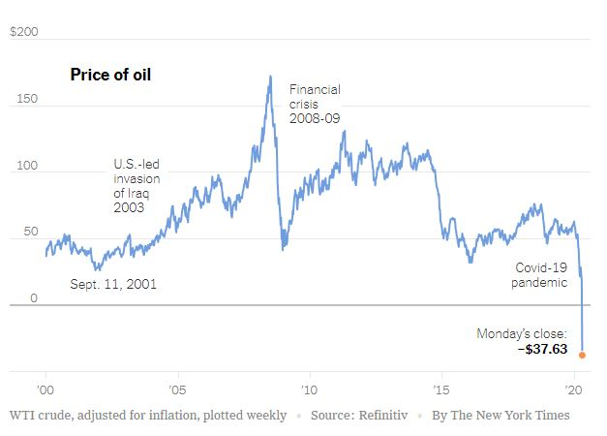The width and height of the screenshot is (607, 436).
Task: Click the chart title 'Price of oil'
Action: [110, 75]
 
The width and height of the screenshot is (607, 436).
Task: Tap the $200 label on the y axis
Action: [23, 32]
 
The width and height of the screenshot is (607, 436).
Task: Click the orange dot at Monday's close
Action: [582, 355]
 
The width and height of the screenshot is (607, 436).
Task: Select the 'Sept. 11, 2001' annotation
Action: [113, 284]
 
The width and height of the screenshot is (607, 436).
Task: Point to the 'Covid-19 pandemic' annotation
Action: [538, 273]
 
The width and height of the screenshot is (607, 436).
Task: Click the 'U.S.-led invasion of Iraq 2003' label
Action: [137, 185]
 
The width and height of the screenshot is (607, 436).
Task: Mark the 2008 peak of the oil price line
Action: [269, 77]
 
